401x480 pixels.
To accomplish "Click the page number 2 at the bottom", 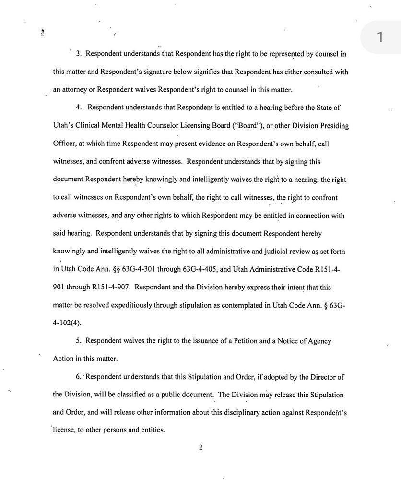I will (x=200, y=448).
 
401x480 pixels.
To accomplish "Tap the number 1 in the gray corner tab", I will (x=380, y=37).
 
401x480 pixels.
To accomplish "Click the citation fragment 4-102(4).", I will (x=68, y=323).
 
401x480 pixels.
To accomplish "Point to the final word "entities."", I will (x=152, y=431).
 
